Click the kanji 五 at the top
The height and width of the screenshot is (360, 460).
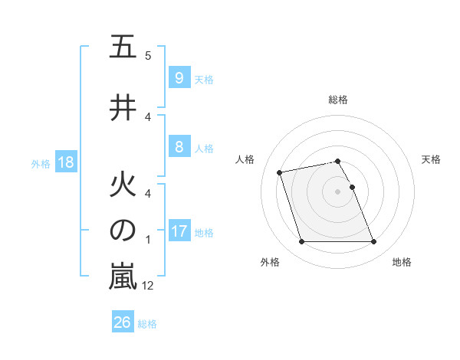123,47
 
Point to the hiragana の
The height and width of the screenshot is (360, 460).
123,231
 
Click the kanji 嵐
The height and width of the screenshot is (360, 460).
123,277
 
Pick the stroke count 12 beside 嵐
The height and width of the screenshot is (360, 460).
148,286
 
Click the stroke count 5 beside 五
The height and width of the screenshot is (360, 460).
148,55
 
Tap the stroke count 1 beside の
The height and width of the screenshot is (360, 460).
148,239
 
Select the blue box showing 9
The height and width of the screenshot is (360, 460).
179,78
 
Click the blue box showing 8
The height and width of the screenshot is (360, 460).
179,147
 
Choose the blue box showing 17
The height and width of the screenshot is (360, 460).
179,231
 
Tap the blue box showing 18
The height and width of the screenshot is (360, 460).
64,162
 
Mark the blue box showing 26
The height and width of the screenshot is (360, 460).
122,322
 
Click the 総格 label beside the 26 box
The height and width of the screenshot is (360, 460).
147,324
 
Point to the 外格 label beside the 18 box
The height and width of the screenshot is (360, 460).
41,164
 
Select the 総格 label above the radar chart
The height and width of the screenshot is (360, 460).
338,100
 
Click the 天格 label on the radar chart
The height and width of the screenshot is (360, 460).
432,159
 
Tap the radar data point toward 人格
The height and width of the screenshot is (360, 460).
280,172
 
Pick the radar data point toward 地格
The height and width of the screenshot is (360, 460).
373,242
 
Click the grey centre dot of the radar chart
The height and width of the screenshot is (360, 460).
338,191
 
